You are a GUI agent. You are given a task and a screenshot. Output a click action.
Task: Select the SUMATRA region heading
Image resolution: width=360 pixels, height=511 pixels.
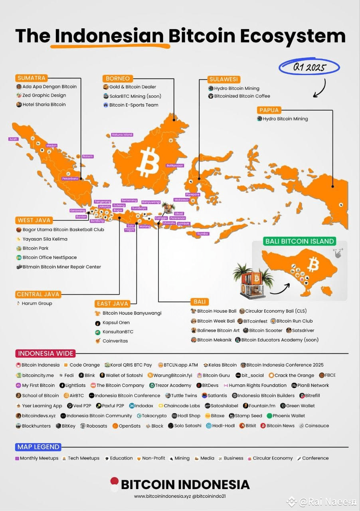32,78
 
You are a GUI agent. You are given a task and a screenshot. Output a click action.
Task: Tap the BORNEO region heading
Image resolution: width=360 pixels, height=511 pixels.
118,79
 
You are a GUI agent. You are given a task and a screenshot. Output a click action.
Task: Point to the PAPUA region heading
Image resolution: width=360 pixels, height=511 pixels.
269,110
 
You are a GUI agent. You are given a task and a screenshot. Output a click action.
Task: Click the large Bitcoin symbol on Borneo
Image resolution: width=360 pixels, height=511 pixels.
148,162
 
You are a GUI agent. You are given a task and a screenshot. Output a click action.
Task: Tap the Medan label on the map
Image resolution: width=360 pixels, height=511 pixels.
52,145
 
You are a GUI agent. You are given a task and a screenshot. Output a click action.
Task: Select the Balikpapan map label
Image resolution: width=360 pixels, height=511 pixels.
175,165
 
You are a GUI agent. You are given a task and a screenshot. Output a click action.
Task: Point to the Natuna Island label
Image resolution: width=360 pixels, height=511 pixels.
122,135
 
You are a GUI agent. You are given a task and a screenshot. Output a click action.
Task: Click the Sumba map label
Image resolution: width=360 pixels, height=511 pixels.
203,234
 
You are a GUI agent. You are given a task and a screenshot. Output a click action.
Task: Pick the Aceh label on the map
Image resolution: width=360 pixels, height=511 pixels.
14,139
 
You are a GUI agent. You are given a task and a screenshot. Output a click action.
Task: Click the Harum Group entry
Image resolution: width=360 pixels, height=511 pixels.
37,303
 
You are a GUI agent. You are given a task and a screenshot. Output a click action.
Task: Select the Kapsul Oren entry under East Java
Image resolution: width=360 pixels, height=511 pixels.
116,323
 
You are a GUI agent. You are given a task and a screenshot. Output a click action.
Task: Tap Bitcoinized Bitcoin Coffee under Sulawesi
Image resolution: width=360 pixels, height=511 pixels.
242,96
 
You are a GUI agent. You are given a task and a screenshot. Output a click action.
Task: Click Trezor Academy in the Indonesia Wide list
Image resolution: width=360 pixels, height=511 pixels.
173,386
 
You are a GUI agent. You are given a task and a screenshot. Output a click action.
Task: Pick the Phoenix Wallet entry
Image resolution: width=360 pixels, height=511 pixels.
289,416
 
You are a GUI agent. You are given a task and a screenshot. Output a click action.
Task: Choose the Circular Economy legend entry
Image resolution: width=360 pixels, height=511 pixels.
273,458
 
